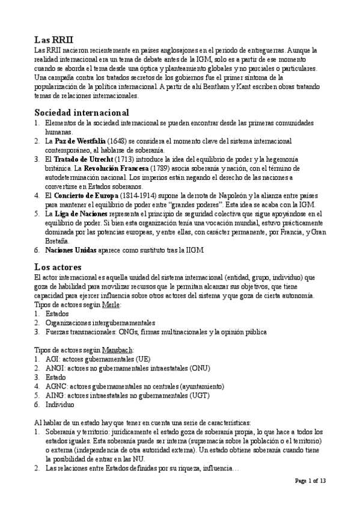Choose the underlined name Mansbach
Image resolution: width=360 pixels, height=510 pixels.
tap(118, 350)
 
